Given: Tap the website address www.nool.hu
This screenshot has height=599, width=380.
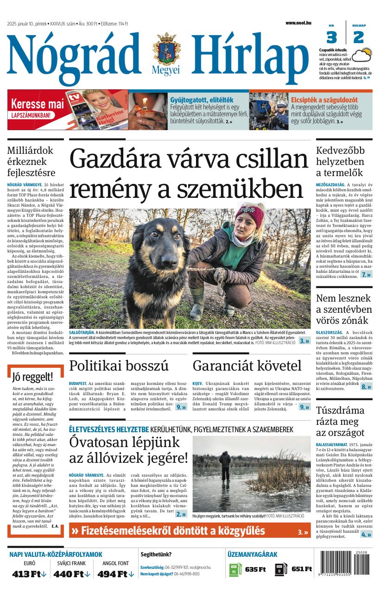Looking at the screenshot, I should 298,23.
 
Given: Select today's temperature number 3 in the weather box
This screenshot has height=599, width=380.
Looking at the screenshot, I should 331,37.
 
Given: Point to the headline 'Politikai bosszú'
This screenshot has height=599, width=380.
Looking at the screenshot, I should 119,366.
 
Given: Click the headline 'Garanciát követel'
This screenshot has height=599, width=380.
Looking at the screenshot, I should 247,366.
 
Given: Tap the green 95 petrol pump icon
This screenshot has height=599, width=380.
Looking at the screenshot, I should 235,569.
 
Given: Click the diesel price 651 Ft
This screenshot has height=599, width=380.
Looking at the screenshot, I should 302,569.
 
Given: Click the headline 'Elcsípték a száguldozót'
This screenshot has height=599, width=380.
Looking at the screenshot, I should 324,100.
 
